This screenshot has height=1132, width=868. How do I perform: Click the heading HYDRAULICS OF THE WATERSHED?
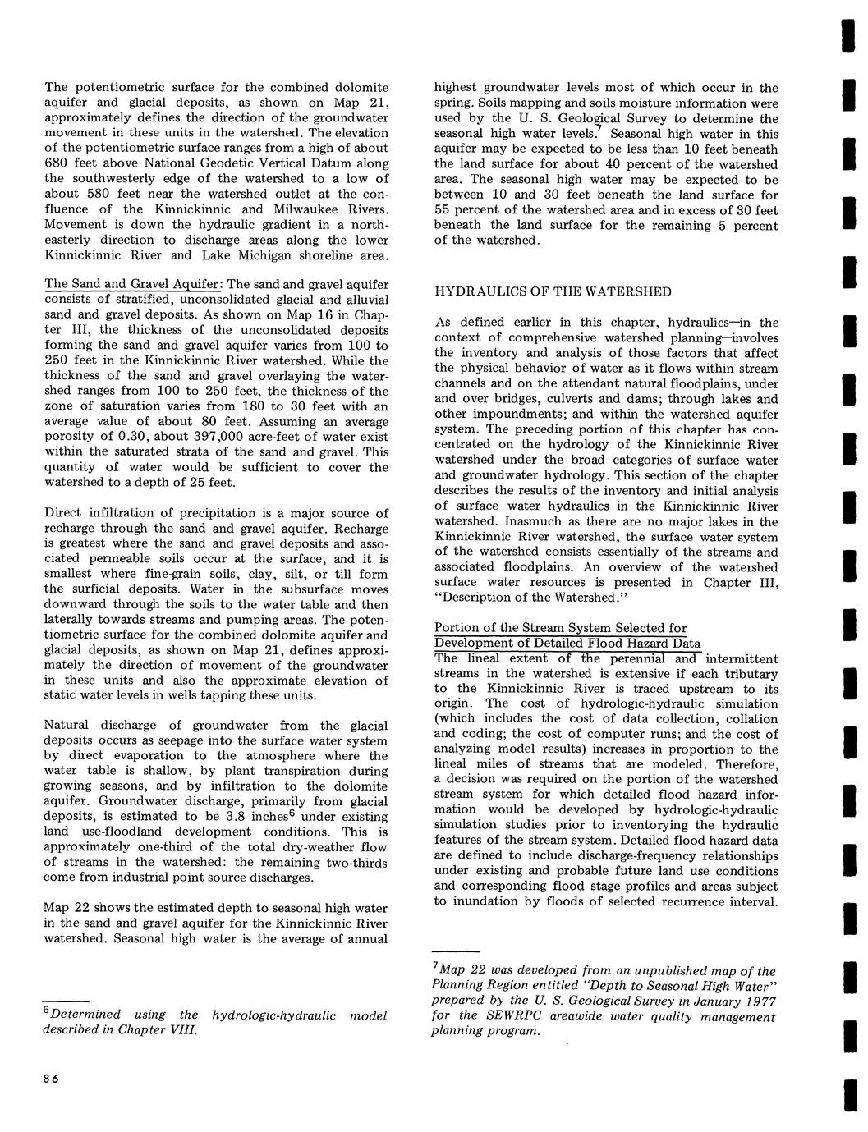tap(553, 292)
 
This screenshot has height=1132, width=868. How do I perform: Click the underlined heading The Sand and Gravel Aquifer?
tap(131, 284)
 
